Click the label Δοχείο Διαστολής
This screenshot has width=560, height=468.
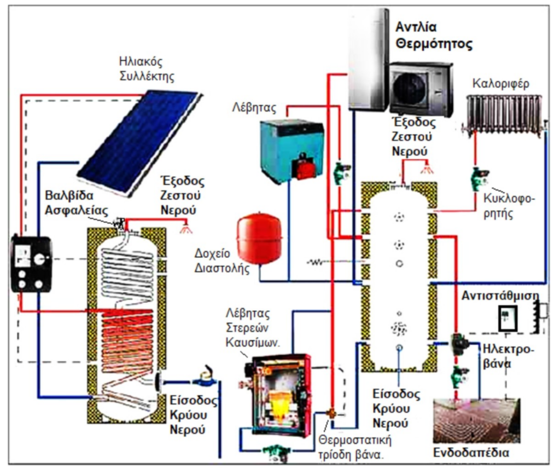click(x=222, y=261)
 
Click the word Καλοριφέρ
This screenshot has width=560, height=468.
click(x=501, y=84)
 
